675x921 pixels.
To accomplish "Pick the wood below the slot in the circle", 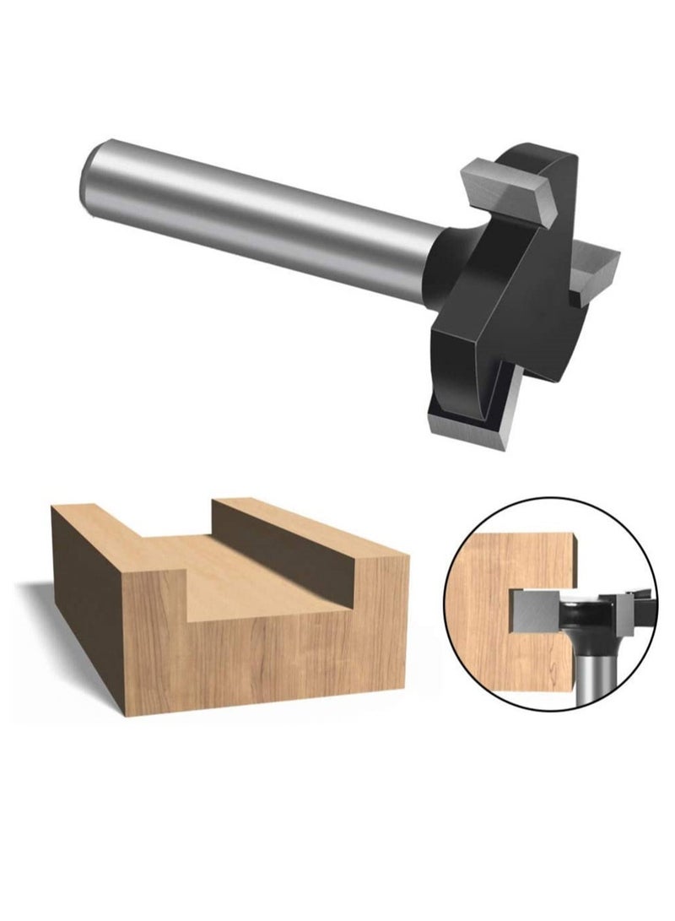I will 506,675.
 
